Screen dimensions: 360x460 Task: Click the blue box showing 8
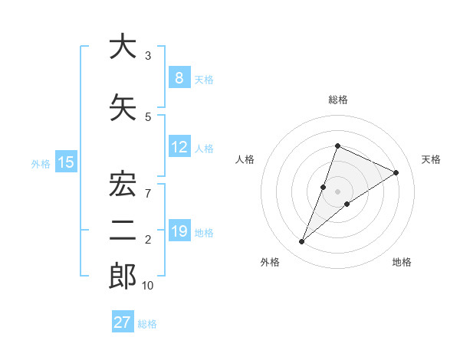coord(179,78)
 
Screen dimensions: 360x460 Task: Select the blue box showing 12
coord(179,147)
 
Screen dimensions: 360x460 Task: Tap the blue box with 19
coord(179,231)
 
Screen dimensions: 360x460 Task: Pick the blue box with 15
coord(66,162)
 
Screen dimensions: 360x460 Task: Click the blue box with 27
coord(123,322)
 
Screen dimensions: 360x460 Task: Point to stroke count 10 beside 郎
coord(148,286)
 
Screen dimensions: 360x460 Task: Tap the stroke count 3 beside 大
coord(148,56)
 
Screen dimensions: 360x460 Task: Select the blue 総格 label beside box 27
coord(148,324)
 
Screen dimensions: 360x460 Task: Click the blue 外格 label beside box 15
coord(41,163)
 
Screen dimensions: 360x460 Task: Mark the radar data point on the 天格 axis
coord(396,172)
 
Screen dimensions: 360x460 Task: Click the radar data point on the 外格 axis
coord(302,242)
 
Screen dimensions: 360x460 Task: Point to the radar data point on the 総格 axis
coord(337,146)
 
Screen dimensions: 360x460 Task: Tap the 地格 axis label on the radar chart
coord(402,262)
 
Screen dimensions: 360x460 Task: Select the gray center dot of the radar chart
coord(337,191)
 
